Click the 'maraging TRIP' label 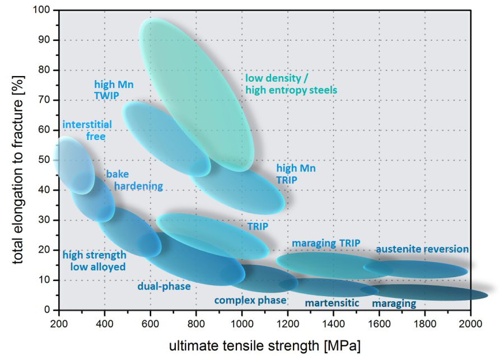[x=325, y=243]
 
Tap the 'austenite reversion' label [x=422, y=249]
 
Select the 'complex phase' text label [x=250, y=300]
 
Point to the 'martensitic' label [x=332, y=303]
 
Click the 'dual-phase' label [x=164, y=287]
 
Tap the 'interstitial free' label [x=87, y=130]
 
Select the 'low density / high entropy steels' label [x=291, y=83]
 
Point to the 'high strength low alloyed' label [x=94, y=261]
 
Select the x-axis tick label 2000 [x=470, y=323]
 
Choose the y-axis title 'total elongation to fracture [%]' [x=17, y=160]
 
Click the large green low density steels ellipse [x=196, y=92]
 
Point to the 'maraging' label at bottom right [x=394, y=303]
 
